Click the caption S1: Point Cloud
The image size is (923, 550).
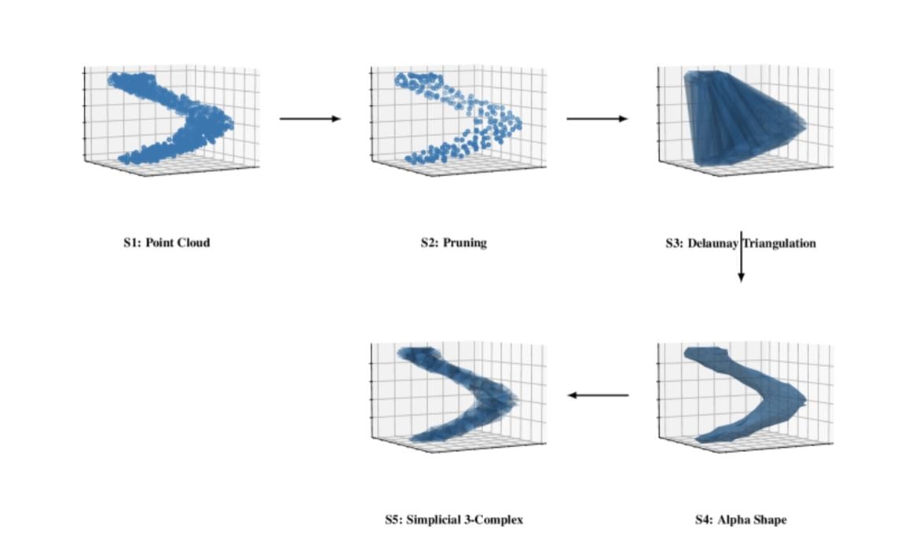point(167,243)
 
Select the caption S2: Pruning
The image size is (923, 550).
point(453,243)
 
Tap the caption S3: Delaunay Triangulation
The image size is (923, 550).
point(740,244)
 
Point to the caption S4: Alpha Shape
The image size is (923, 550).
point(740,519)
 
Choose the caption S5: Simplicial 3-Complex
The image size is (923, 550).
point(453,519)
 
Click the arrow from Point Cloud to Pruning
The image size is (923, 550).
point(310,119)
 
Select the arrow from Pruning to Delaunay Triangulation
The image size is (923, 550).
point(597,119)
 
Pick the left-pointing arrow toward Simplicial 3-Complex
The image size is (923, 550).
point(598,395)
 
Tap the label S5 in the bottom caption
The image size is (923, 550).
point(393,519)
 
